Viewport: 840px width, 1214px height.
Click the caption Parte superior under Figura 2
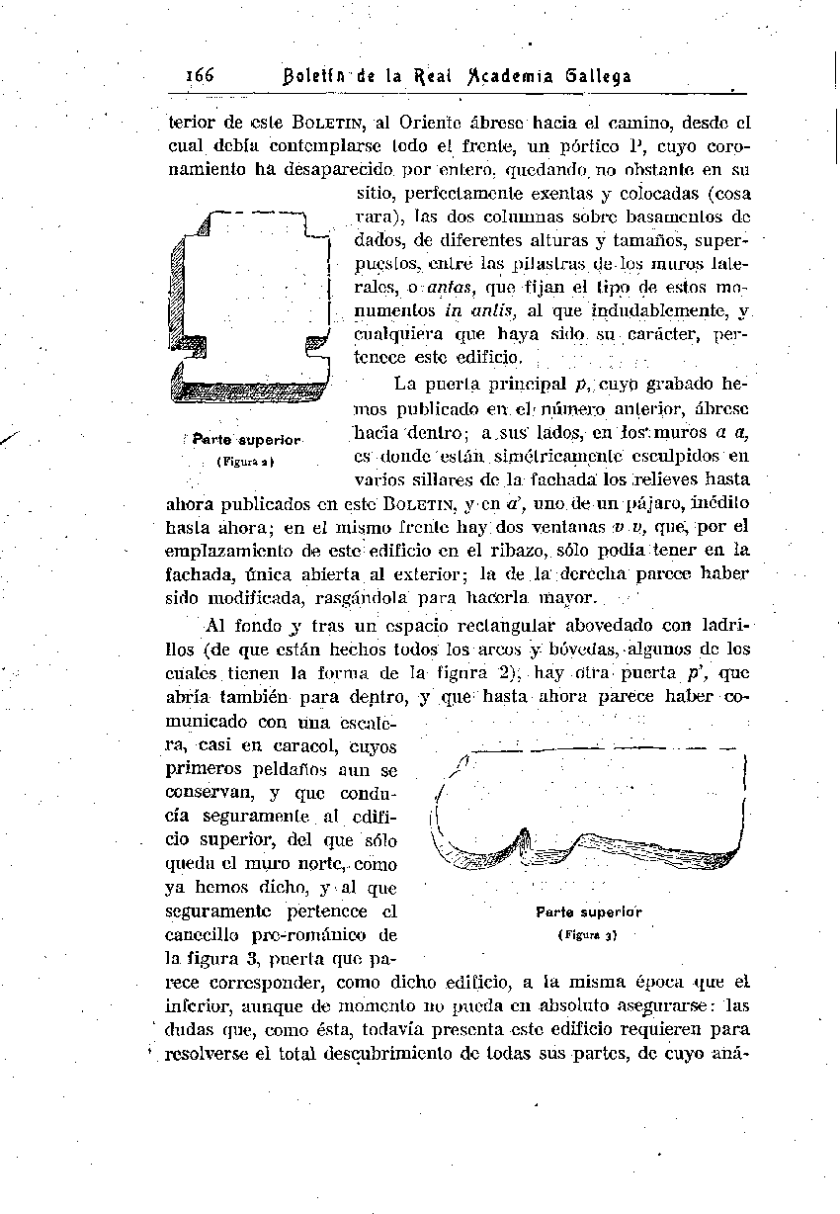coord(246,438)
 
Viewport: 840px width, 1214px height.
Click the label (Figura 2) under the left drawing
coord(244,461)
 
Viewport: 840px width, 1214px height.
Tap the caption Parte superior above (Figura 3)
coord(589,911)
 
